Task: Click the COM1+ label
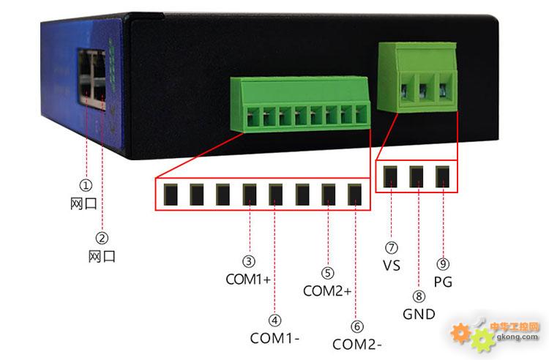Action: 249,280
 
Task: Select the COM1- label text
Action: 275,339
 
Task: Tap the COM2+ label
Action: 327,291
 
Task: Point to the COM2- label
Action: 357,344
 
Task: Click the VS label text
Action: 392,266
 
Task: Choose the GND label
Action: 419,315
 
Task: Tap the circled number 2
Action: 102,238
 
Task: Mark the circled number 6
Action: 357,326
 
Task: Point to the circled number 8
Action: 419,297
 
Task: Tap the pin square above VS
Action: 391,176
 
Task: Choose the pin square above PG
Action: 443,176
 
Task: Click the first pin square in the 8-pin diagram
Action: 171,194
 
